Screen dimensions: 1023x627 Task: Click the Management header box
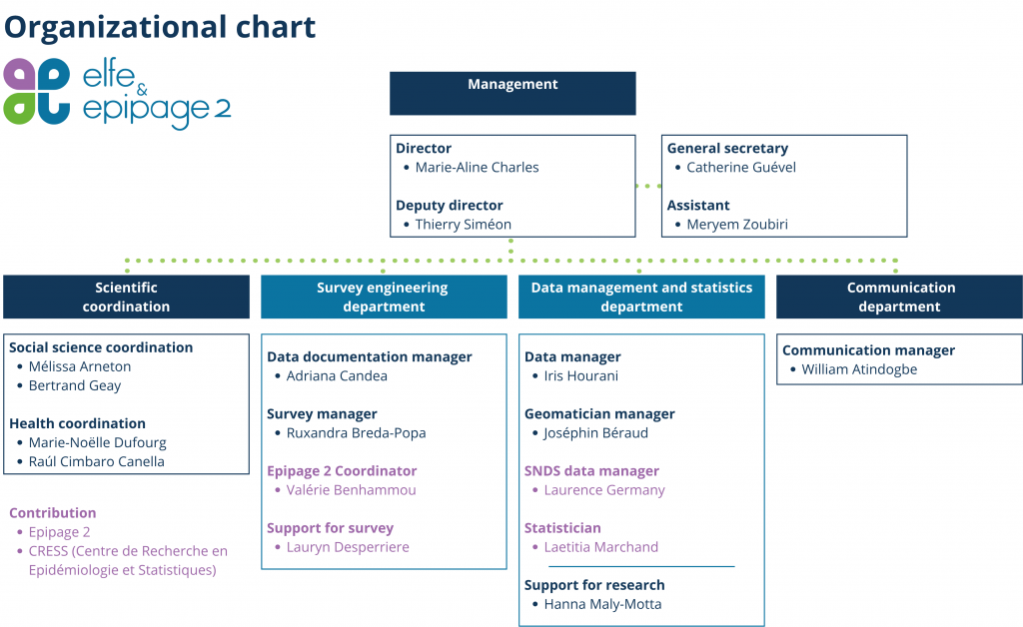pyautogui.click(x=512, y=93)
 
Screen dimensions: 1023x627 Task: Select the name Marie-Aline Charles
pyautogui.click(x=477, y=168)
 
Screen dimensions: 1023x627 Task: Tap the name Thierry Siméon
pyautogui.click(x=464, y=225)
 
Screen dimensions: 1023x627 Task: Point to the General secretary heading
pyautogui.click(x=727, y=149)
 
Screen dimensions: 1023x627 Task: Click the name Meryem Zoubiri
pyautogui.click(x=737, y=225)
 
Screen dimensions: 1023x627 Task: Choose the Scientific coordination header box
pyautogui.click(x=126, y=297)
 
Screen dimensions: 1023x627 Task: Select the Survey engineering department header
pyautogui.click(x=384, y=297)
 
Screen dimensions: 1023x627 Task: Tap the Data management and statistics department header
pyautogui.click(x=641, y=297)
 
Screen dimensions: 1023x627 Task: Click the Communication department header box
pyautogui.click(x=900, y=297)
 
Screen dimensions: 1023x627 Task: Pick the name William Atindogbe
pyautogui.click(x=859, y=369)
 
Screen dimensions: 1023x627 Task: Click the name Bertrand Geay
pyautogui.click(x=74, y=385)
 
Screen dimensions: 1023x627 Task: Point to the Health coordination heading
pyautogui.click(x=77, y=423)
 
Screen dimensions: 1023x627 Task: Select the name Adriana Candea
pyautogui.click(x=337, y=376)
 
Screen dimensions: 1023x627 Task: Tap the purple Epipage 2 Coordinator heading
pyautogui.click(x=342, y=471)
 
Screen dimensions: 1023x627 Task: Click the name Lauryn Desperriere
pyautogui.click(x=348, y=547)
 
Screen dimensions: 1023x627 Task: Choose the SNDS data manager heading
pyautogui.click(x=591, y=471)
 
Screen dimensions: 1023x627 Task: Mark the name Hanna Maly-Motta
pyautogui.click(x=602, y=604)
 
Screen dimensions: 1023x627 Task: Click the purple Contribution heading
pyautogui.click(x=52, y=513)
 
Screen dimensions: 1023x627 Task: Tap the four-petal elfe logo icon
pyautogui.click(x=37, y=91)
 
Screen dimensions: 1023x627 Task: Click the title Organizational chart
pyautogui.click(x=160, y=27)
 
